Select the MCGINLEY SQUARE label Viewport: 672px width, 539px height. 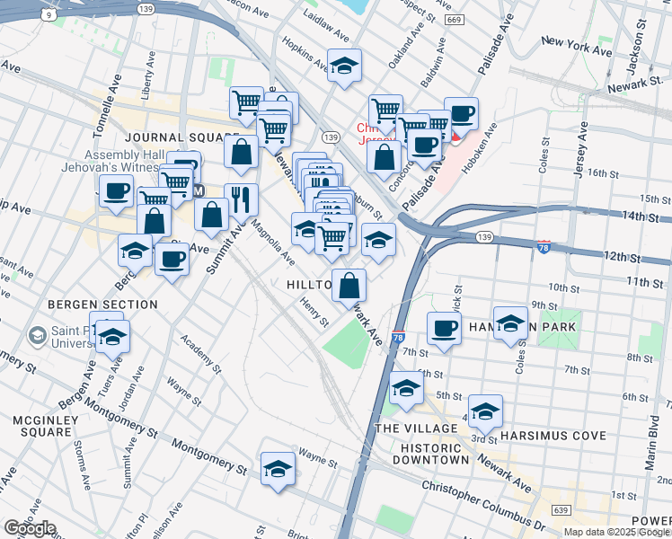[42, 426]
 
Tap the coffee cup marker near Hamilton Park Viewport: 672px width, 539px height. [443, 329]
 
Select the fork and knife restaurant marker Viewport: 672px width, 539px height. [241, 199]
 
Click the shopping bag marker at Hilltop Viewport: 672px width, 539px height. [349, 286]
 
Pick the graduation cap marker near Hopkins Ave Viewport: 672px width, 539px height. [344, 66]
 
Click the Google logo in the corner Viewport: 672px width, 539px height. [30, 528]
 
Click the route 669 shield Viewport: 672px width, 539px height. [455, 20]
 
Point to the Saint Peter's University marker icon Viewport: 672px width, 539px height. [37, 337]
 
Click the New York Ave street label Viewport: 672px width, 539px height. [576, 42]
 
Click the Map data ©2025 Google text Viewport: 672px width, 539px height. [616, 532]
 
